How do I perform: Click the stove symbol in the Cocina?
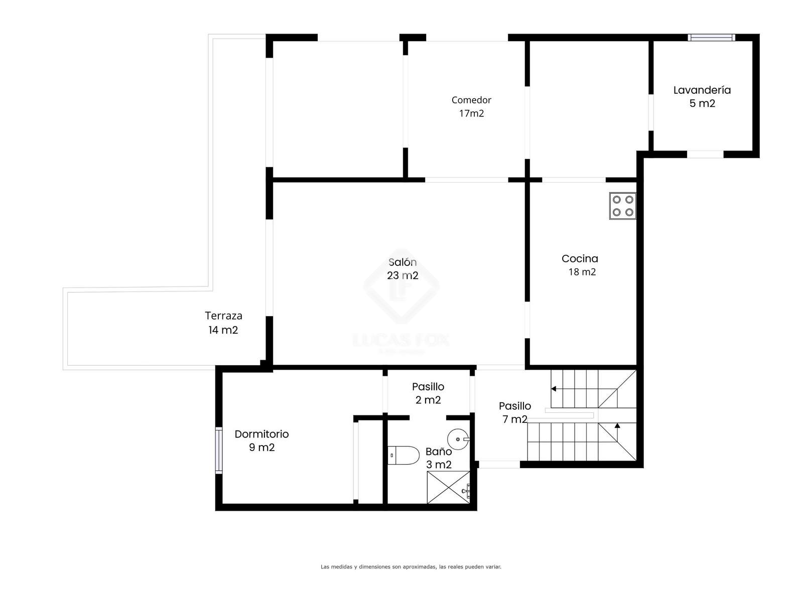click(622, 206)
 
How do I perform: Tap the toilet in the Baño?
click(403, 456)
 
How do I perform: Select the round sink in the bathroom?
click(458, 439)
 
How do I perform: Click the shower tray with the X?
click(448, 487)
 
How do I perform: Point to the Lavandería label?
click(702, 90)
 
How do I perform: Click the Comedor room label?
click(471, 100)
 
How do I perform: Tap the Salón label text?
click(403, 262)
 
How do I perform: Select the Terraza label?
click(223, 316)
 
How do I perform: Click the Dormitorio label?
click(261, 434)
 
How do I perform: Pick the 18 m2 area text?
click(582, 272)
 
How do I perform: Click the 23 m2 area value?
click(403, 275)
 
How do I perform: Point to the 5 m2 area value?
click(702, 103)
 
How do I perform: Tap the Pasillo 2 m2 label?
click(428, 393)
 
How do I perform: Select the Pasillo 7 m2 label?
click(515, 412)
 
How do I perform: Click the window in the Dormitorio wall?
click(218, 450)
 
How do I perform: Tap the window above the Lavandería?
click(711, 37)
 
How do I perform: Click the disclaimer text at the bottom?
click(411, 567)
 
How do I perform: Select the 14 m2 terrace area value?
click(223, 330)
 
